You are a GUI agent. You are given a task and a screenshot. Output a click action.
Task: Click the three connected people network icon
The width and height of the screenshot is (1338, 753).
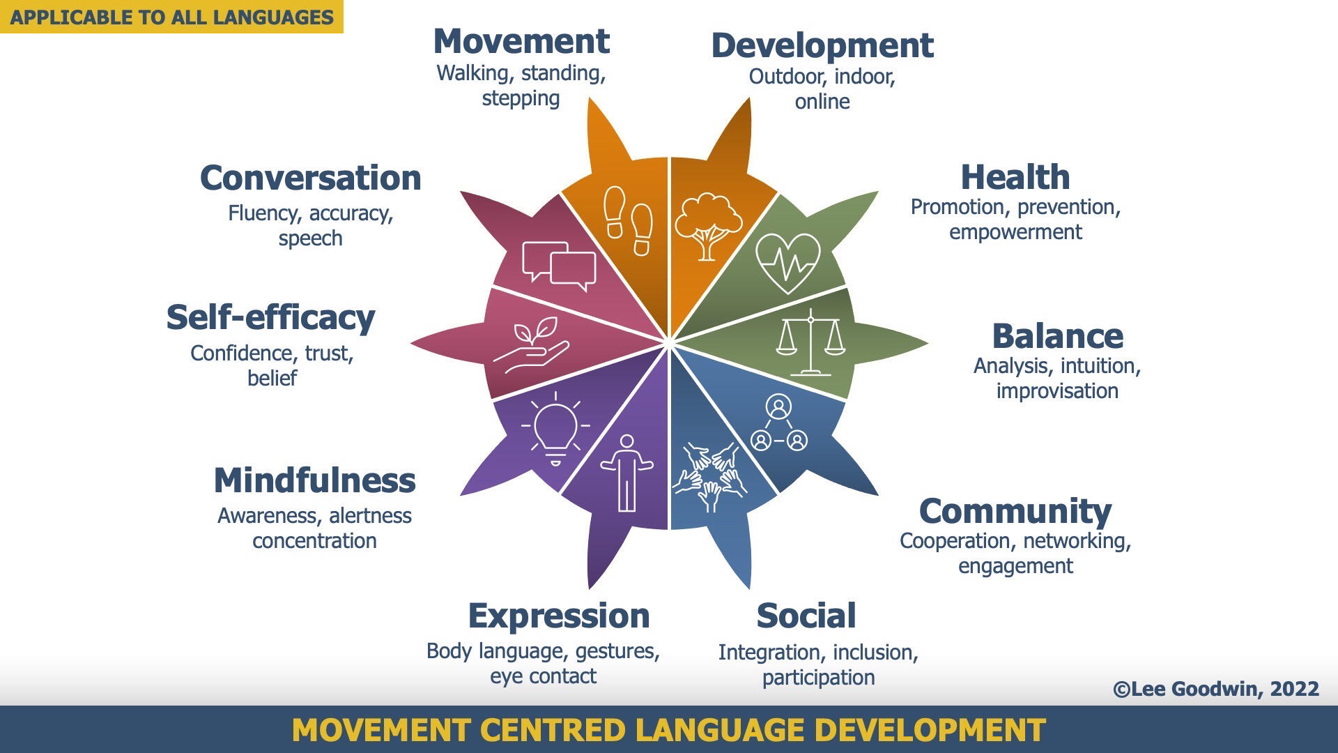tap(778, 423)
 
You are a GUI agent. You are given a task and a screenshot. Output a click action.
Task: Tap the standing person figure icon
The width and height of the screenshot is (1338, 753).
tap(626, 473)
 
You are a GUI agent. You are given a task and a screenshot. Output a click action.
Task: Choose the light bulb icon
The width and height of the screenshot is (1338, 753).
tap(555, 427)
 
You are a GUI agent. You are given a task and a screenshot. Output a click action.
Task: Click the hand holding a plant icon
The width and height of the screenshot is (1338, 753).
tap(531, 344)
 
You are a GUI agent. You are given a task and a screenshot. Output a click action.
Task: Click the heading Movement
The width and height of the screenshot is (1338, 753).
tap(521, 41)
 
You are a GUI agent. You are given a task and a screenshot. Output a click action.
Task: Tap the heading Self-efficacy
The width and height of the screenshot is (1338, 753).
tap(271, 318)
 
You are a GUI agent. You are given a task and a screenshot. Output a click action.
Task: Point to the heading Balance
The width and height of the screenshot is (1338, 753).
tap(1057, 336)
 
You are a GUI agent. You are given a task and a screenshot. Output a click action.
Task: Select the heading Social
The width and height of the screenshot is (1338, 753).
tap(806, 616)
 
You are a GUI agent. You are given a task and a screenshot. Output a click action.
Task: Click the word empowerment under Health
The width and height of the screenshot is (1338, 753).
tap(1015, 232)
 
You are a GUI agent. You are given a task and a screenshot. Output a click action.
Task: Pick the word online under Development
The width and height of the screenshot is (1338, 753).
tap(822, 102)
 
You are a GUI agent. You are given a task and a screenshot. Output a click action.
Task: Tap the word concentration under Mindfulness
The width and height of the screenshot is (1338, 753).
tap(314, 541)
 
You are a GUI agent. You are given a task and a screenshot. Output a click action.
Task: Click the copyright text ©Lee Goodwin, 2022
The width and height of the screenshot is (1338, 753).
tap(1216, 689)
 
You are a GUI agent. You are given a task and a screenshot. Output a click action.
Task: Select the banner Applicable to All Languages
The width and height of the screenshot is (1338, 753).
tap(171, 17)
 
